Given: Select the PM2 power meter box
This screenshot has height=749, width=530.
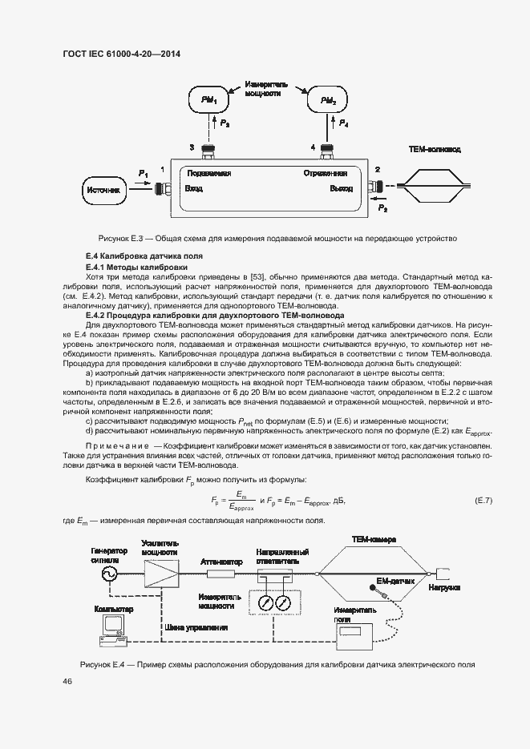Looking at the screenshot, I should tap(328, 101).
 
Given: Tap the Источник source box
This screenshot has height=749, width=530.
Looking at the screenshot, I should tap(104, 191).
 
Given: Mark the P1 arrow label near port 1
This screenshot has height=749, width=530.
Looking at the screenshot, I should tap(144, 174).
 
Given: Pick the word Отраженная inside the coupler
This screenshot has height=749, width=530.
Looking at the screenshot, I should tap(325, 174).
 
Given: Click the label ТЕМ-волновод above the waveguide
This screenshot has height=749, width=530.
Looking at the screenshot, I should tap(435, 150).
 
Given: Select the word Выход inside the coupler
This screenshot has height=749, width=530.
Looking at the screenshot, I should tap(341, 190).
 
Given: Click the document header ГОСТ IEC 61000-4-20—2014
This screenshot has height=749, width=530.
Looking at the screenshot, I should tap(121, 54).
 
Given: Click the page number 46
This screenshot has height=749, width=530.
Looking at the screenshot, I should tap(67, 681).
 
